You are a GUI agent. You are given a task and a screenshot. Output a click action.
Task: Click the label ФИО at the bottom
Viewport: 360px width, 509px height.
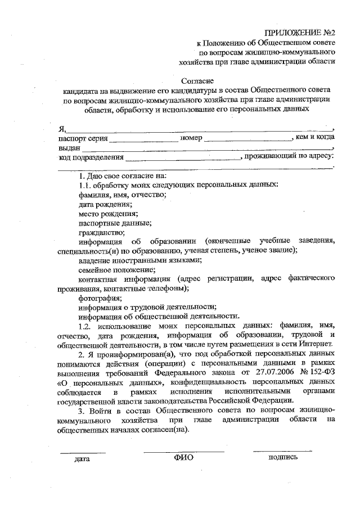pos(183,458)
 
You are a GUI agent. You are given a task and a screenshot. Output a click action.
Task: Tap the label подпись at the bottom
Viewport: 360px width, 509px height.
pos(283,457)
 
